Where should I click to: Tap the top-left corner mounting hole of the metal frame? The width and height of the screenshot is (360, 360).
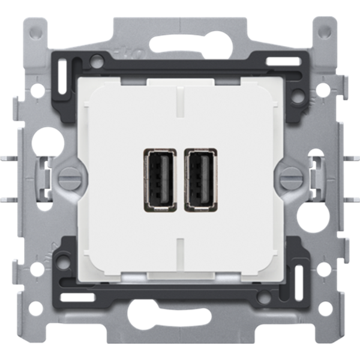pyautogui.click(x=34, y=28)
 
